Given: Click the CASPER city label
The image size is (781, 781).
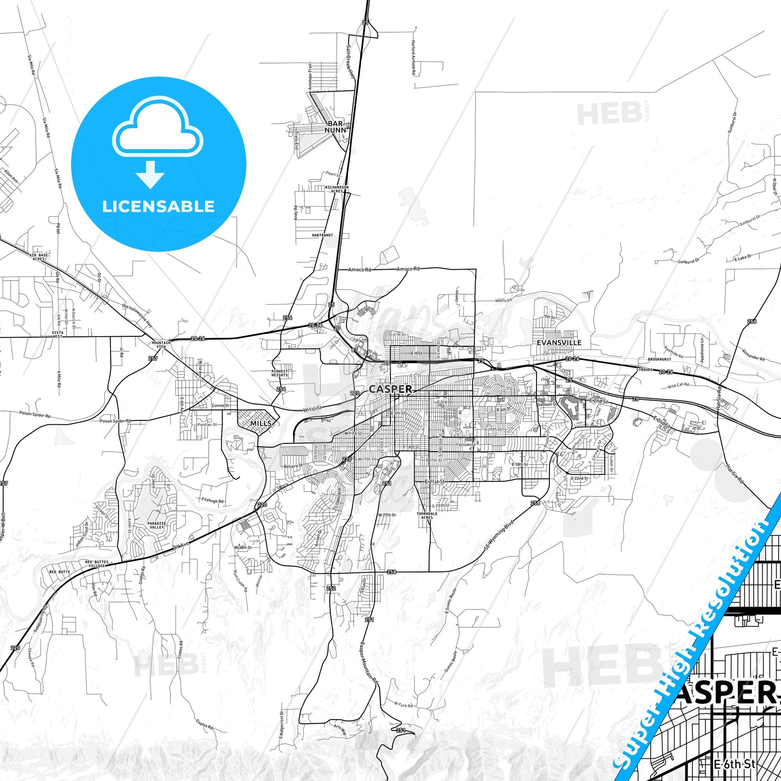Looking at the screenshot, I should [x=390, y=389].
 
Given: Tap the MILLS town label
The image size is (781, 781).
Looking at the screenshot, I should [x=260, y=423].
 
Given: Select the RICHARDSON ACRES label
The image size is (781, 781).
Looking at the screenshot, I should [x=337, y=189].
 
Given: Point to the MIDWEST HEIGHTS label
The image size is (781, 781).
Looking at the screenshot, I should [x=279, y=373].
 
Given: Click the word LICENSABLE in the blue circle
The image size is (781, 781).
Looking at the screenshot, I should [x=158, y=206].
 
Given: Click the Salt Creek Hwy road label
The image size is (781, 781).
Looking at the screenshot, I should [x=350, y=64].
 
